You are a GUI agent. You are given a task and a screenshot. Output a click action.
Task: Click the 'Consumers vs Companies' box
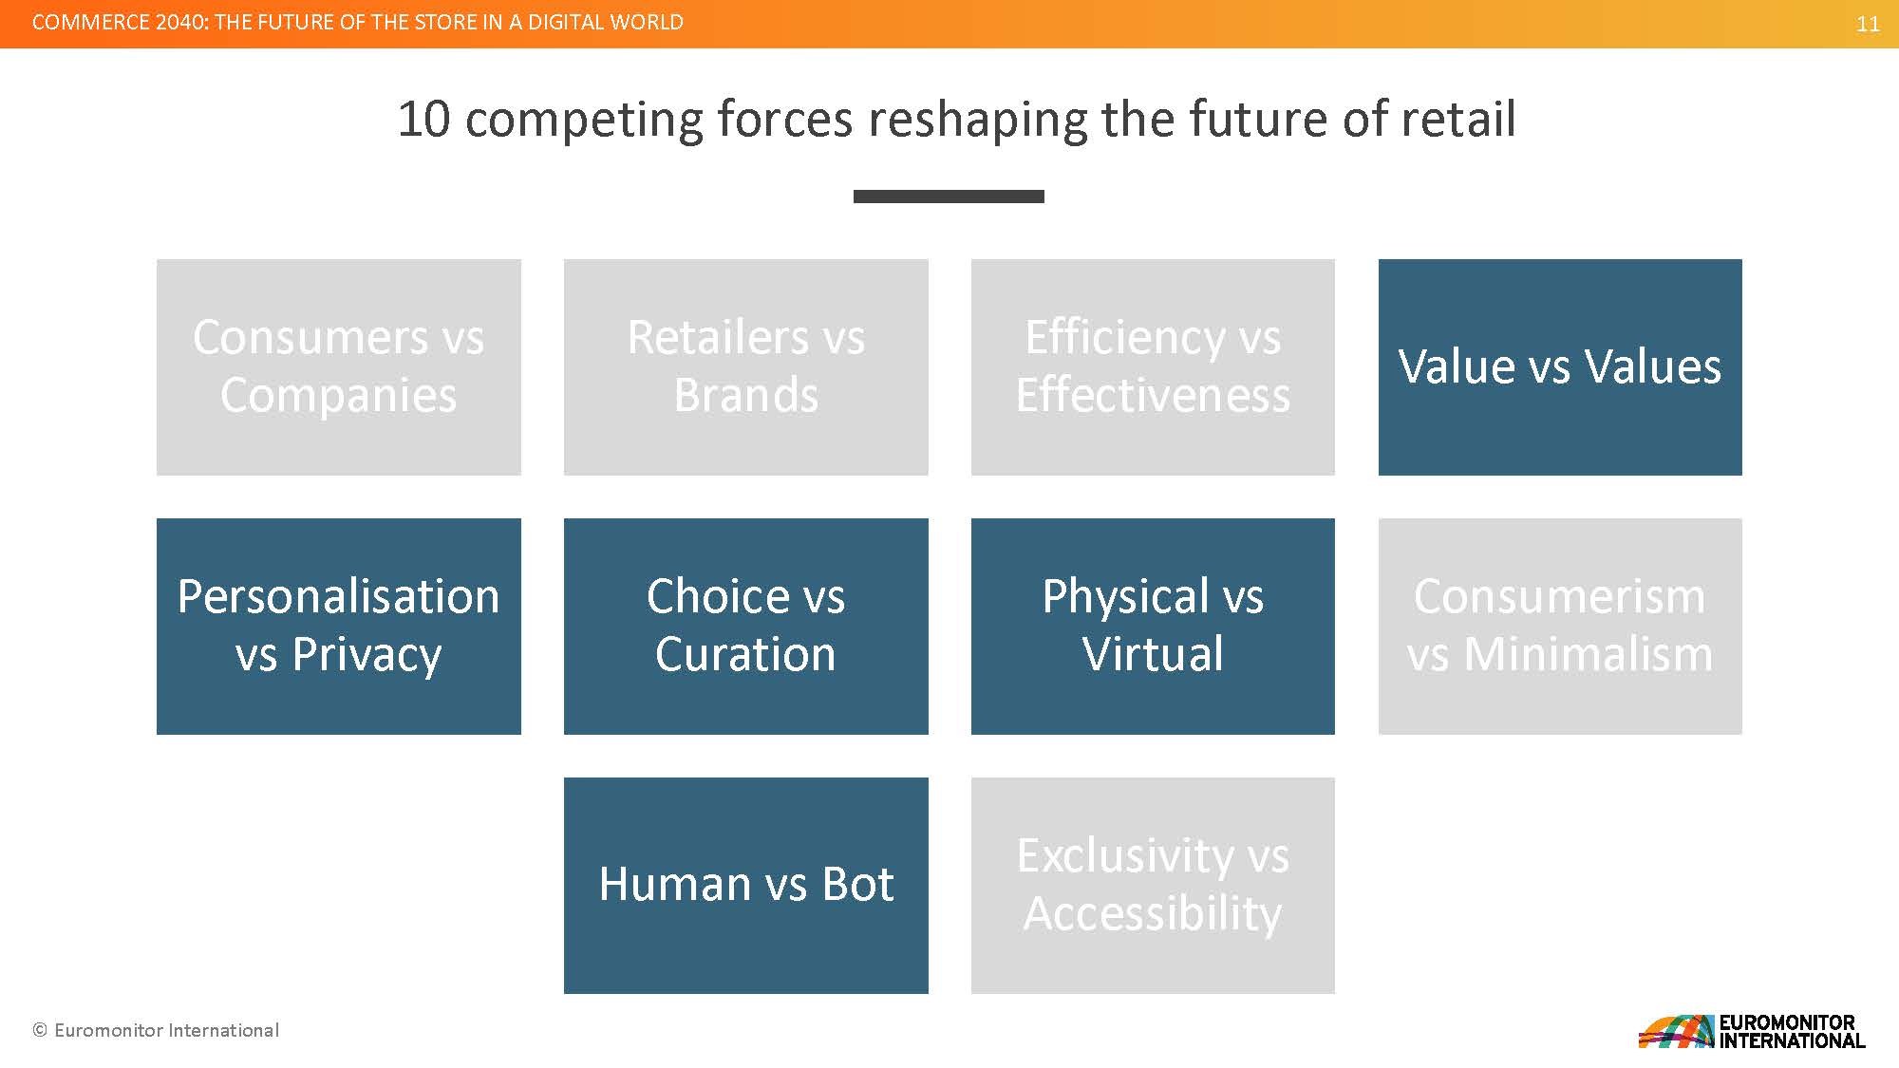(x=339, y=367)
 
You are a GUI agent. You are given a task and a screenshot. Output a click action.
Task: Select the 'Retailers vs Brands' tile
(x=746, y=367)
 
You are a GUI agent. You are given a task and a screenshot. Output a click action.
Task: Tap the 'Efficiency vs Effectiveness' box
(x=1153, y=367)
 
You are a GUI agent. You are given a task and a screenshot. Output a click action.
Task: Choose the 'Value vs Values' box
(x=1560, y=367)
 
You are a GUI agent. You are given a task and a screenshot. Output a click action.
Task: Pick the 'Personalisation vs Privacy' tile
(x=339, y=627)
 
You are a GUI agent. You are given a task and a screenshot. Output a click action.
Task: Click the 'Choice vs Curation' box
(x=746, y=627)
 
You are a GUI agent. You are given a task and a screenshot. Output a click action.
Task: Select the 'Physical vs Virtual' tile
(x=1153, y=627)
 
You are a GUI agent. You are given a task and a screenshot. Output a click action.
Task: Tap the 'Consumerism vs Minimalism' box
(x=1560, y=627)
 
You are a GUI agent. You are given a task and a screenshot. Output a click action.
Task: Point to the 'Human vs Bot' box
(x=746, y=886)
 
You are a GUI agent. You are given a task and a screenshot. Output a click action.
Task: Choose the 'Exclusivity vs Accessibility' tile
(x=1153, y=886)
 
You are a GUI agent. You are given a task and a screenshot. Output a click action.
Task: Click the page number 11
(x=1868, y=24)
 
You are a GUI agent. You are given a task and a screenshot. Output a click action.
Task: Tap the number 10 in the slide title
(x=423, y=120)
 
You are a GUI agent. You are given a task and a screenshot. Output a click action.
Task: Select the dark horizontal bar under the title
(x=949, y=197)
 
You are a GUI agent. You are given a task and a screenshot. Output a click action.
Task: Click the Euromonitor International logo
(x=1752, y=1031)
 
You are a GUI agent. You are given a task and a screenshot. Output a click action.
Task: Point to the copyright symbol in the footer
(x=40, y=1030)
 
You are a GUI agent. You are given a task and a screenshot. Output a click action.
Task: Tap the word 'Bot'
(x=857, y=885)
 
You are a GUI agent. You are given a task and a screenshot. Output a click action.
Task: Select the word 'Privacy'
(x=367, y=656)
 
